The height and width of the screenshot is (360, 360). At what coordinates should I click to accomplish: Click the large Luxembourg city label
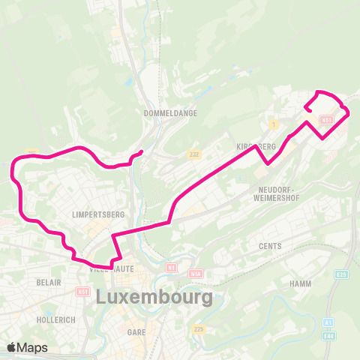[154, 297]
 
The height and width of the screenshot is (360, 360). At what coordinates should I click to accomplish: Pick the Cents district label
[269, 246]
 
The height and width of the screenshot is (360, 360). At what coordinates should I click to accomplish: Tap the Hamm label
[300, 284]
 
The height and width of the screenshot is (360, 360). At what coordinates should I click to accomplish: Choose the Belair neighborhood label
[48, 284]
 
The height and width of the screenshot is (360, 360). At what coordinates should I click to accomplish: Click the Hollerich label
[55, 319]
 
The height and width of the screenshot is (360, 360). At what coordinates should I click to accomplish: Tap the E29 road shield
[341, 275]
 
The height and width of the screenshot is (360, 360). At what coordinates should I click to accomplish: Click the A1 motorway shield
[328, 322]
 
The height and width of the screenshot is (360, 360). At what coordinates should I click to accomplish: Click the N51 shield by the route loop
[325, 120]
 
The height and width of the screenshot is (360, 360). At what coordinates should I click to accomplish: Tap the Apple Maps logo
[27, 347]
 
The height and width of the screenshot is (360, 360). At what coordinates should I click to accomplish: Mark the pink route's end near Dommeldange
[141, 152]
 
